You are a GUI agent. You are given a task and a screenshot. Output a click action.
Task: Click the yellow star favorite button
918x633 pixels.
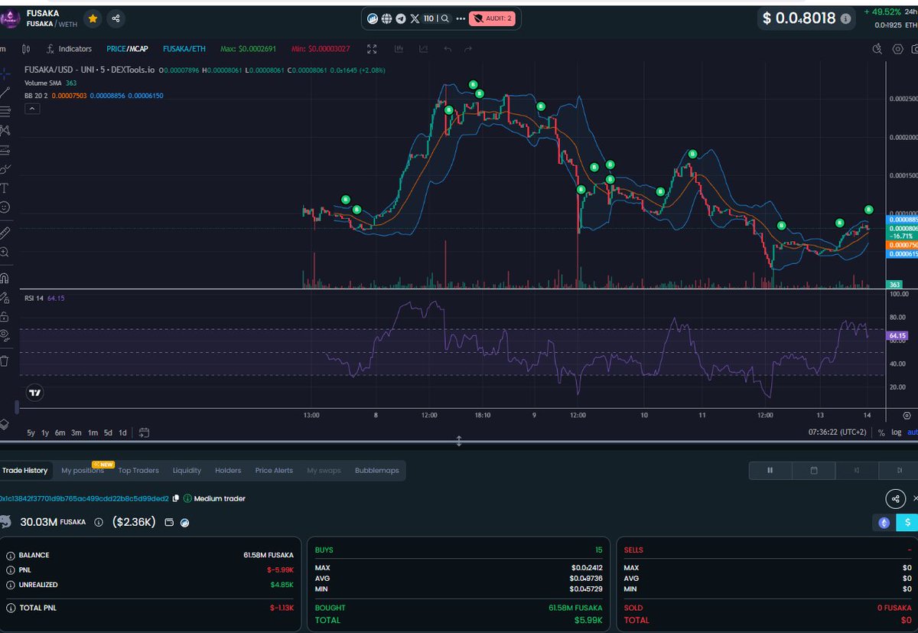pyautogui.click(x=92, y=18)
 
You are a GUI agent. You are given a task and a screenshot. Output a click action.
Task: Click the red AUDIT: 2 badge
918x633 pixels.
pyautogui.click(x=491, y=18)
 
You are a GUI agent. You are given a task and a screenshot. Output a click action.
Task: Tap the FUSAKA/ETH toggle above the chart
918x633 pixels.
pyautogui.click(x=184, y=49)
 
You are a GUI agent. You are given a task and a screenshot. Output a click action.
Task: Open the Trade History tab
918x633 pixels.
pyautogui.click(x=24, y=470)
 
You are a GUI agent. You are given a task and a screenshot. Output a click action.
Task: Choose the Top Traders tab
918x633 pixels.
pyautogui.click(x=138, y=470)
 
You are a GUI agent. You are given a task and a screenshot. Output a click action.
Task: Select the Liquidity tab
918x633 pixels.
pyautogui.click(x=187, y=470)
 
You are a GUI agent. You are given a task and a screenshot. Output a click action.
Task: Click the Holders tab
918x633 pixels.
pyautogui.click(x=228, y=470)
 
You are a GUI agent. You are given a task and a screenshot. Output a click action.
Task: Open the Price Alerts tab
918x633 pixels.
pyautogui.click(x=274, y=470)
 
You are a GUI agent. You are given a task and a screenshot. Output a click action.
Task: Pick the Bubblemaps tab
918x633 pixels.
pyautogui.click(x=377, y=470)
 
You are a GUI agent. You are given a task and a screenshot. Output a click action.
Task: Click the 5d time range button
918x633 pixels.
pyautogui.click(x=108, y=432)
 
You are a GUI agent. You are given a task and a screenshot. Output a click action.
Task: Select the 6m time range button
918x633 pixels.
pyautogui.click(x=60, y=432)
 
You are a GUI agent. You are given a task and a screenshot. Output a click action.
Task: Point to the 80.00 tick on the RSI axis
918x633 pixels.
pyautogui.click(x=899, y=317)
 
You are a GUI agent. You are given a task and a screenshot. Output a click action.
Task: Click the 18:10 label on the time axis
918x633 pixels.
pyautogui.click(x=483, y=415)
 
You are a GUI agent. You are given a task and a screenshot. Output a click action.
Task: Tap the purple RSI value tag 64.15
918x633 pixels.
pyautogui.click(x=897, y=335)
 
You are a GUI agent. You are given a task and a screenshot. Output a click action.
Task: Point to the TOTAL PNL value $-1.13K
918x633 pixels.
pyautogui.click(x=282, y=608)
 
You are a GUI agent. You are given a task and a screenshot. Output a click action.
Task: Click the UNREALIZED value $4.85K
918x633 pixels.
pyautogui.click(x=282, y=585)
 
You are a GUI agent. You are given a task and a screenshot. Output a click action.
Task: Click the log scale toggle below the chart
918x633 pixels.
pyautogui.click(x=896, y=433)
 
